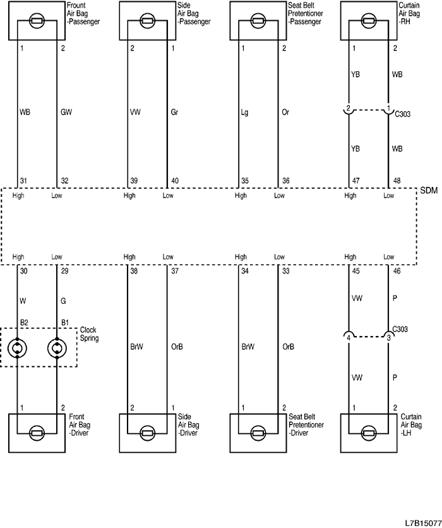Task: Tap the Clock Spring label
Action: [89, 334]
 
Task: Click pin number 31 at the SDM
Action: [23, 181]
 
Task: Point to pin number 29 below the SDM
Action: [64, 271]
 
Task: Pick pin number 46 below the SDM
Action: [396, 271]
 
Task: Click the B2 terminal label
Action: [24, 322]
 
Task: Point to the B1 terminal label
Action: [64, 322]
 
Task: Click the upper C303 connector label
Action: [403, 115]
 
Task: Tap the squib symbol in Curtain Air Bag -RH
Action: [369, 20]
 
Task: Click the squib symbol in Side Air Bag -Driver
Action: [148, 433]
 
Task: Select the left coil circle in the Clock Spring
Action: [17, 347]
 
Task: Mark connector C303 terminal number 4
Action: [349, 337]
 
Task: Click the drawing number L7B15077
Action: [422, 523]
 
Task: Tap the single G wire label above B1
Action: [64, 301]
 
